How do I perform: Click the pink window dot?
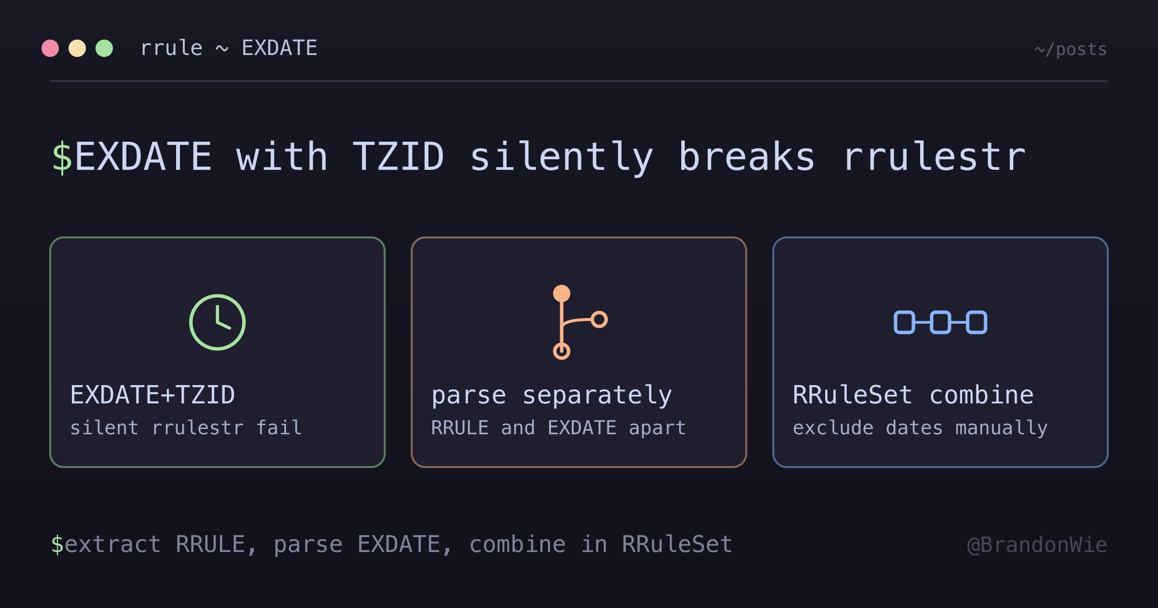(x=50, y=48)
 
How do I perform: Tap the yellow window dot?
(x=77, y=48)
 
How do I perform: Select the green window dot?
(x=104, y=48)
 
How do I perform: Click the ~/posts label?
(x=1071, y=49)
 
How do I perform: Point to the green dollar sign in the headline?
(x=62, y=157)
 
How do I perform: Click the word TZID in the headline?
(x=398, y=156)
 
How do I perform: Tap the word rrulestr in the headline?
(x=935, y=156)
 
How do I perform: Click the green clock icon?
(x=218, y=322)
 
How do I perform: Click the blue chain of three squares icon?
(x=940, y=322)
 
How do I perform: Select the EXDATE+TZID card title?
(x=152, y=395)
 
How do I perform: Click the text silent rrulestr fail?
(x=186, y=428)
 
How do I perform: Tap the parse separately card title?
(x=551, y=396)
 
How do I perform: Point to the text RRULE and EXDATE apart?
(x=558, y=428)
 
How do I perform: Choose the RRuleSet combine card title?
(x=913, y=395)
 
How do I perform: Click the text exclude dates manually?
(x=920, y=428)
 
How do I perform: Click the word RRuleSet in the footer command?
(x=677, y=544)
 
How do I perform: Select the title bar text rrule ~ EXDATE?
(x=229, y=48)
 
